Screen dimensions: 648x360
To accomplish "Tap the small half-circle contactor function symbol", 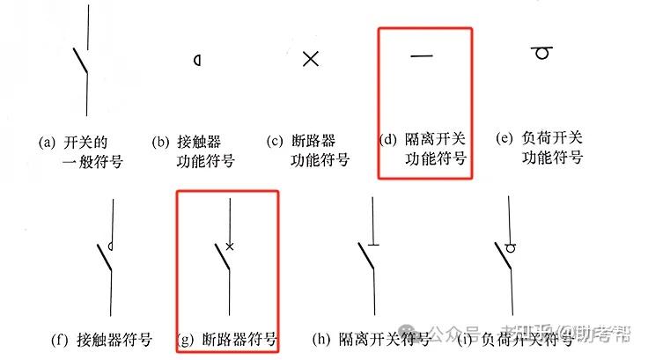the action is [x=197, y=60].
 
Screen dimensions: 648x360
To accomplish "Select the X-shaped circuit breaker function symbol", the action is [x=310, y=59].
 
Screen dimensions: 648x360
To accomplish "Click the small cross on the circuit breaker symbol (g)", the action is [x=230, y=246].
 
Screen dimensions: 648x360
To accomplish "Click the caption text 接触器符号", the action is [x=114, y=339].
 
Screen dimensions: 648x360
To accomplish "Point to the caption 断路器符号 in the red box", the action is [x=240, y=339].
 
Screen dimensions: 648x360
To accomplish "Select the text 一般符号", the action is [x=92, y=160].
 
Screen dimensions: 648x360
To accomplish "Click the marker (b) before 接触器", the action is [x=161, y=141].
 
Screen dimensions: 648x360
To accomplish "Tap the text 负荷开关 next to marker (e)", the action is [x=553, y=139].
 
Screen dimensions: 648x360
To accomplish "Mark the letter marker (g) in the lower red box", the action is [x=187, y=339].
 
